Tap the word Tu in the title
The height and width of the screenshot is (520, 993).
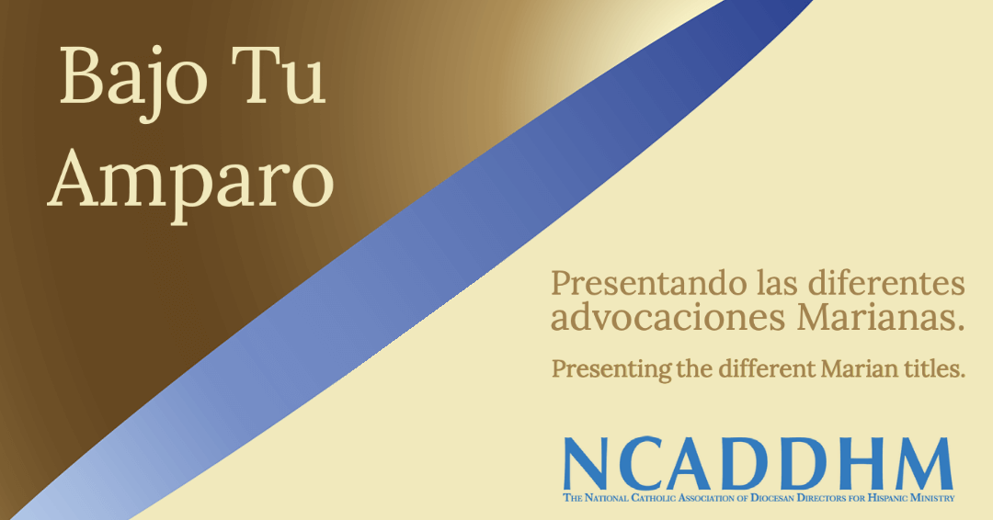[x=279, y=76]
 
